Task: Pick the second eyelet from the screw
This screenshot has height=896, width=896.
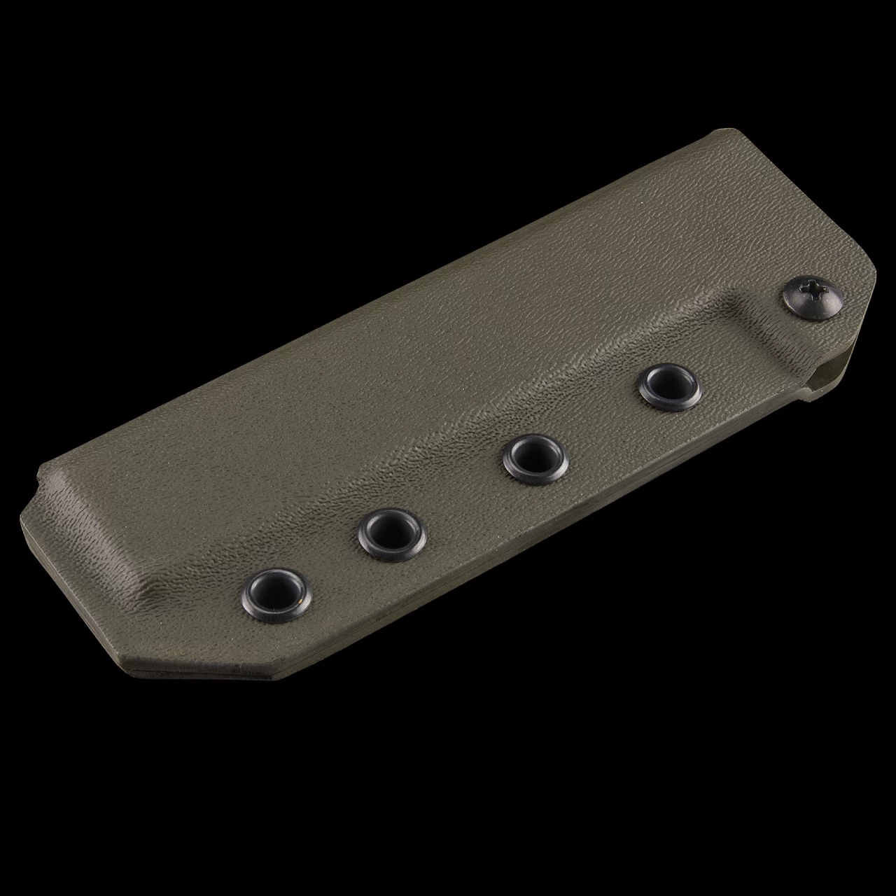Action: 535,458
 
